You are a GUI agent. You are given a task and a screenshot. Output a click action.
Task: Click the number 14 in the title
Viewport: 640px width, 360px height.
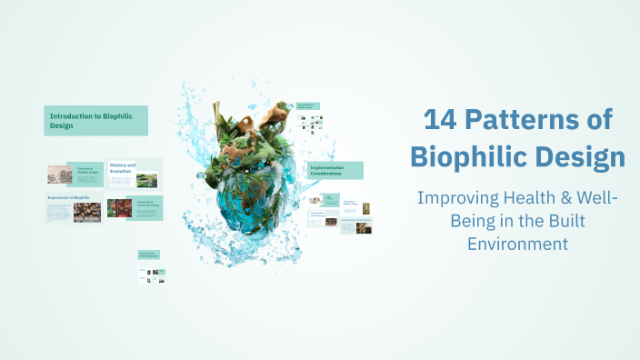tap(443, 120)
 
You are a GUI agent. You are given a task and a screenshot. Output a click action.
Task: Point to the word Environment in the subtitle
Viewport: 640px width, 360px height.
tap(517, 244)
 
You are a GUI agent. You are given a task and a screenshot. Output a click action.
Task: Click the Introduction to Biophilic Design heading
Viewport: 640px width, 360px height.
tap(95, 121)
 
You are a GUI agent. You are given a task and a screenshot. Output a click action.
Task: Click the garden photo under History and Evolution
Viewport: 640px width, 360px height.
tap(146, 180)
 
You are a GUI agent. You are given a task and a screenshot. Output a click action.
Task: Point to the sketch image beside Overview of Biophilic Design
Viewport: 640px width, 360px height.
tap(60, 174)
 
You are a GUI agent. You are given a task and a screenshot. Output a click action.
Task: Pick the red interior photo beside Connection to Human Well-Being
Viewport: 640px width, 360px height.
tap(119, 208)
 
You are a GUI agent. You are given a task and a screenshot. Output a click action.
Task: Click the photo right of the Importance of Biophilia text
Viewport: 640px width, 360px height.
tap(88, 212)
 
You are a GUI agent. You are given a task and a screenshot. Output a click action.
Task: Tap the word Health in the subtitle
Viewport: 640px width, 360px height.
tap(528, 198)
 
